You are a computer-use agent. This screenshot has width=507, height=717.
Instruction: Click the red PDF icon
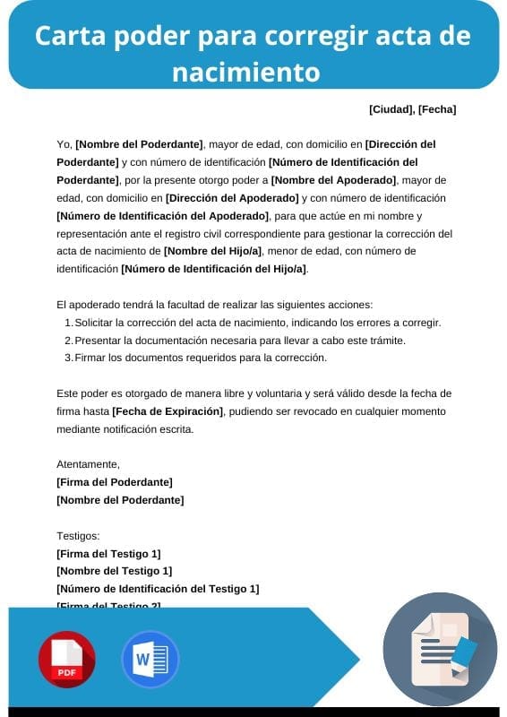click(x=66, y=660)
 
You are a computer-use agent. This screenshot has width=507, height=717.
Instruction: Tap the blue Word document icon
click(x=150, y=660)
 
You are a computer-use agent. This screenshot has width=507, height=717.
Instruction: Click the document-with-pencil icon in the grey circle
click(x=440, y=648)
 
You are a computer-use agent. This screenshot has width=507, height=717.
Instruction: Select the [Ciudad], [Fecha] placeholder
click(x=412, y=109)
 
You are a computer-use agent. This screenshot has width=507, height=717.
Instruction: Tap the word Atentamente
click(x=88, y=464)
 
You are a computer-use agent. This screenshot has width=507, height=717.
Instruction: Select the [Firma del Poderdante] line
click(x=115, y=482)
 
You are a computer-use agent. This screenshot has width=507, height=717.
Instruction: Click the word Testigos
click(x=78, y=536)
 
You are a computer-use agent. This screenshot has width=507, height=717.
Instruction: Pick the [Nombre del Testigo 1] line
click(x=114, y=571)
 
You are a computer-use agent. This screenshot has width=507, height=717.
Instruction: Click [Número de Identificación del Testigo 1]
click(x=158, y=589)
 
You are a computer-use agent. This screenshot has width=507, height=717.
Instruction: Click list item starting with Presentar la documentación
click(x=240, y=341)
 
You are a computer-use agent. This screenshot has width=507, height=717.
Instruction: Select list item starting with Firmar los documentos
click(x=201, y=358)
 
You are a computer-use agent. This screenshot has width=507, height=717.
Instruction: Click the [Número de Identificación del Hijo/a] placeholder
click(x=213, y=269)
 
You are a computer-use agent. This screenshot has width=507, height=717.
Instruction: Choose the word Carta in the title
click(x=71, y=37)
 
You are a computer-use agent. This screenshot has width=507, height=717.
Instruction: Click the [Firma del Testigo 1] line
click(x=108, y=554)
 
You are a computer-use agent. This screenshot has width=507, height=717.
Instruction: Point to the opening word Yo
click(x=63, y=144)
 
